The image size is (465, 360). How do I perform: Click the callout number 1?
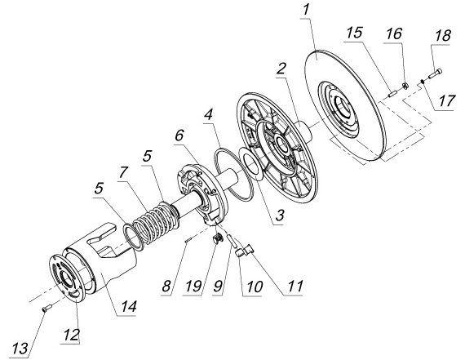pos(306,11)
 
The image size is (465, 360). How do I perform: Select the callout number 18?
pos(442,36)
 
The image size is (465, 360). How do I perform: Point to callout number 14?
pos(128,306)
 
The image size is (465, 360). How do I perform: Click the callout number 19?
pos(194,287)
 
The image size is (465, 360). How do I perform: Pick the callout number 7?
pos(124,172)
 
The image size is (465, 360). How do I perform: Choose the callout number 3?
pos(280,215)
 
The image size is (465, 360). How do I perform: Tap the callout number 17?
pos(446,101)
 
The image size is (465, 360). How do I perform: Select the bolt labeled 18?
pos(435,73)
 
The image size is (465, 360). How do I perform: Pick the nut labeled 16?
pos(404,86)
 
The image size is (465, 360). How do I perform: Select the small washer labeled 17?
pos(423,80)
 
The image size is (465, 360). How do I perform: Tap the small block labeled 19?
pos(218,238)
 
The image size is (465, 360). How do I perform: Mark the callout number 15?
pos(354,33)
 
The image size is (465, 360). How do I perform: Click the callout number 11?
pos(294,286)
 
